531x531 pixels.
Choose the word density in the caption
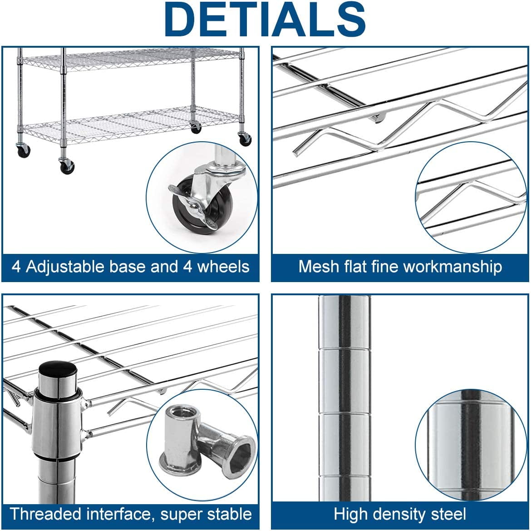point(399,515)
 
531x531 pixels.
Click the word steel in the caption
point(448,514)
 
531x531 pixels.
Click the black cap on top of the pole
point(58,368)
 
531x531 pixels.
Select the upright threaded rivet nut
point(179,441)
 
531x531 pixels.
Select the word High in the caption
point(350,515)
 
